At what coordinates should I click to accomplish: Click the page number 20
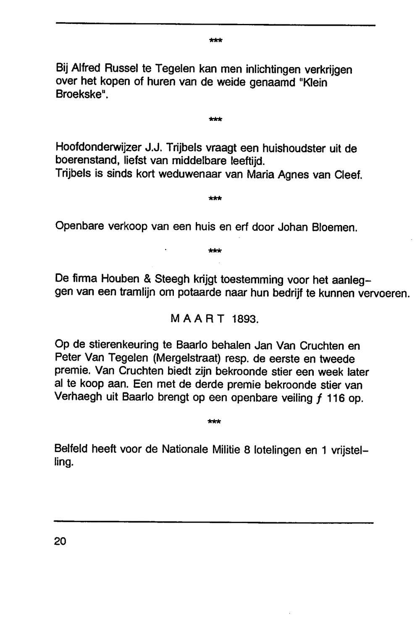coord(60,541)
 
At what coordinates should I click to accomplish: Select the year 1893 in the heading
coord(245,319)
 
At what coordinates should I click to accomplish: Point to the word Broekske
coord(79,94)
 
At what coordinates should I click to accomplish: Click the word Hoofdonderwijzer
coord(98,148)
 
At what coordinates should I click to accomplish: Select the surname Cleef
coord(349,174)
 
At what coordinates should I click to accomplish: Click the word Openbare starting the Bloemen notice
coord(80,227)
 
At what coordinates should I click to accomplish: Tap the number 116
coord(336,398)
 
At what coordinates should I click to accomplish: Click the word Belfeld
coord(71,449)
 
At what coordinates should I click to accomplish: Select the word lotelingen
coord(278,450)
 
